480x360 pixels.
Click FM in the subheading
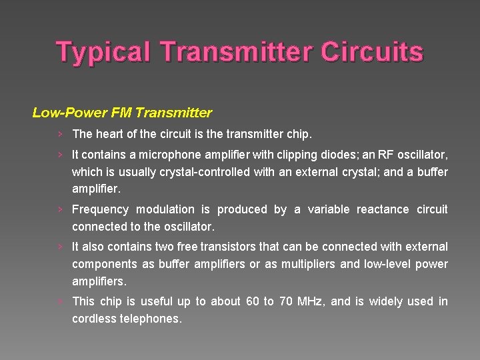pos(110,112)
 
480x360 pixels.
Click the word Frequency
pos(99,209)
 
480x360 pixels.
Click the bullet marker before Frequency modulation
pos(60,209)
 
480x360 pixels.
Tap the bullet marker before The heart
pos(60,134)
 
